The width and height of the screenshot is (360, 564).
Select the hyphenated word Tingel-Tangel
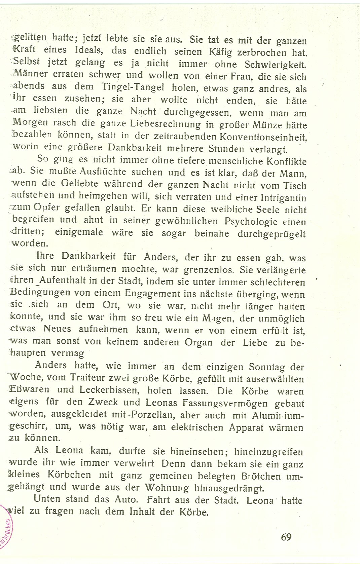coord(133,87)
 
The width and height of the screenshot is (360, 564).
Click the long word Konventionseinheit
coord(263,137)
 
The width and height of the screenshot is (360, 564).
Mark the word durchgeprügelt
coord(272,234)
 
